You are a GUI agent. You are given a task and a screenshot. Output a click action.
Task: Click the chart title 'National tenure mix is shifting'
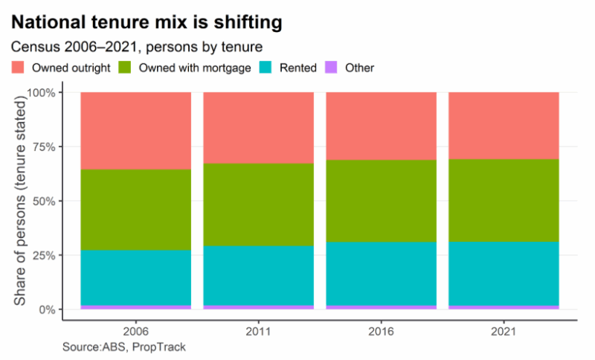click(147, 22)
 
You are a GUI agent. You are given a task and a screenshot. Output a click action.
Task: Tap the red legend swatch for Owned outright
click(19, 68)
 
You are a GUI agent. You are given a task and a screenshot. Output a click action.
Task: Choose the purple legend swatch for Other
click(332, 68)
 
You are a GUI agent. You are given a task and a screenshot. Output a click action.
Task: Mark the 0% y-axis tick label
click(47, 309)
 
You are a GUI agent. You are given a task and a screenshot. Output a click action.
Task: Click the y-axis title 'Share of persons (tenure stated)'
click(21, 201)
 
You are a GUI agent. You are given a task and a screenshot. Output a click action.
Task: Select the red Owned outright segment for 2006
click(135, 131)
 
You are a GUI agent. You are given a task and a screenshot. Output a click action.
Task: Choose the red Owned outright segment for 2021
click(504, 126)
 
